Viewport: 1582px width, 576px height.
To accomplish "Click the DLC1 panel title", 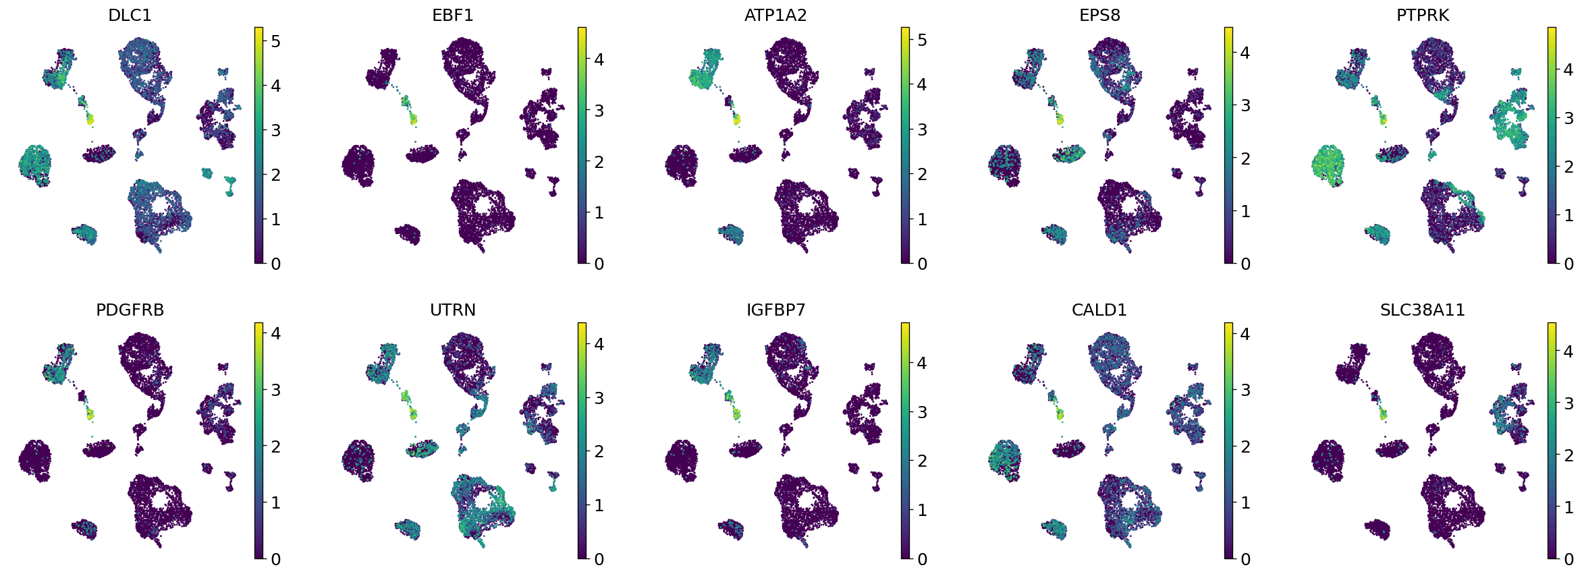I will point(130,15).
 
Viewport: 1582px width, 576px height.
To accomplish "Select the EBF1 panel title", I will point(453,15).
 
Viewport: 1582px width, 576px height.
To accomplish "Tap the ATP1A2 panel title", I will point(775,15).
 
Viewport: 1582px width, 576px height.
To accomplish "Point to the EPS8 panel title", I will point(1099,15).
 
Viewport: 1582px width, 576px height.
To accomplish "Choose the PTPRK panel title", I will point(1423,15).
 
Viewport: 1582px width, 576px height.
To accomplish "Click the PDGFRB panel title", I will point(130,310).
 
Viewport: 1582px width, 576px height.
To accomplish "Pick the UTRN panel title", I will point(453,310).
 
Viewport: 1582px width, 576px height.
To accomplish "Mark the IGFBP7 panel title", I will point(775,310).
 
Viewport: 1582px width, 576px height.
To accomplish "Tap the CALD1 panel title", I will point(1099,310).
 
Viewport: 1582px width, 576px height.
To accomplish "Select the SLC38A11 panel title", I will point(1423,310).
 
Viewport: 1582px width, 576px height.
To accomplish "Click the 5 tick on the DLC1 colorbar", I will point(275,41).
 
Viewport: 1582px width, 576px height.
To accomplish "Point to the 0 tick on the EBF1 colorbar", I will point(599,264).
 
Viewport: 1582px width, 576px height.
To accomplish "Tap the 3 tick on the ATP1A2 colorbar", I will point(922,129).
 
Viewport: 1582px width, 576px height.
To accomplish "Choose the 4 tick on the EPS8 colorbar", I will point(1245,53).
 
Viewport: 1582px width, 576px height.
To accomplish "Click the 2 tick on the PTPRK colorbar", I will point(1569,167).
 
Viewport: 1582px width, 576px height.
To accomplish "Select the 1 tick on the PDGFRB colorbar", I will point(275,502).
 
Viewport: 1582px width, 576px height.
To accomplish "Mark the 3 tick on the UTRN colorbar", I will point(599,398).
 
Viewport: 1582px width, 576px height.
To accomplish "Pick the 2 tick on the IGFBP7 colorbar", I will point(922,461).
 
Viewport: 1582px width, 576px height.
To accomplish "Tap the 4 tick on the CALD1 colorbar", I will point(1245,334).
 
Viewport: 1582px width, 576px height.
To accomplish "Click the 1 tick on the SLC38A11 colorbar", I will point(1569,507).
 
